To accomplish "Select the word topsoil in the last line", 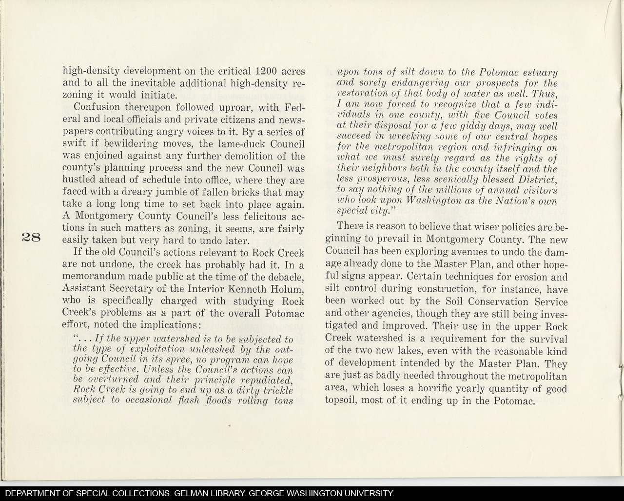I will (343, 401).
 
